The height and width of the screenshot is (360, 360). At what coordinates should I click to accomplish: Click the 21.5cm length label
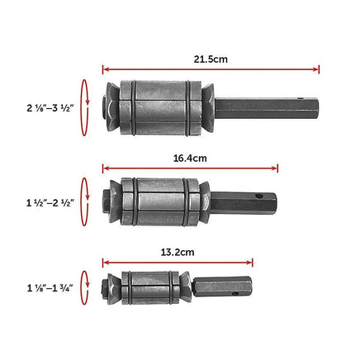point(211,60)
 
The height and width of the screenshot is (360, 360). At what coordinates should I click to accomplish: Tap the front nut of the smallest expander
point(107,288)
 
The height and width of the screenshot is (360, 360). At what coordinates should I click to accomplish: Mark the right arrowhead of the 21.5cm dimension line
point(316,69)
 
